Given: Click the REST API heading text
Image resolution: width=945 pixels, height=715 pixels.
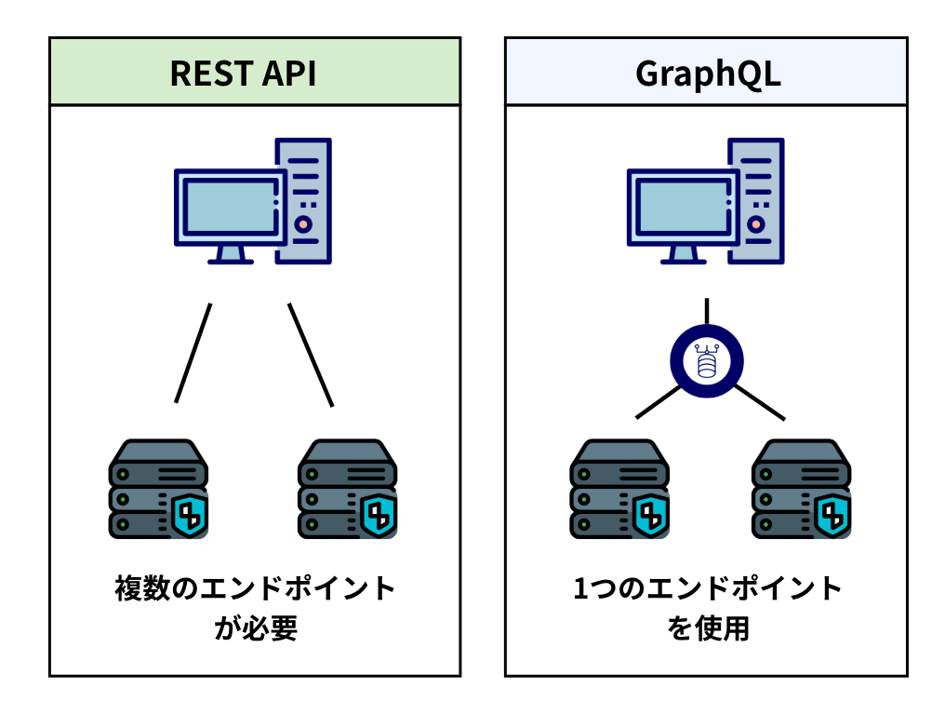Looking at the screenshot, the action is [x=243, y=74].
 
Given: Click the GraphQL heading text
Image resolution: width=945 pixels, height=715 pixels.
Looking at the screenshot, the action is [x=708, y=74].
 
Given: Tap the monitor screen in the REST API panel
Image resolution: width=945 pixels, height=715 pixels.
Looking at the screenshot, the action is [x=231, y=207].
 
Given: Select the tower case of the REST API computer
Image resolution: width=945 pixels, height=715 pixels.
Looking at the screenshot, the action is [x=304, y=201].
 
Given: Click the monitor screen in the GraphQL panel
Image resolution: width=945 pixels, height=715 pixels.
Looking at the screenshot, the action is [x=683, y=207].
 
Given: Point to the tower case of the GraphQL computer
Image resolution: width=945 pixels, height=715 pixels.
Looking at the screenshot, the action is [x=756, y=201].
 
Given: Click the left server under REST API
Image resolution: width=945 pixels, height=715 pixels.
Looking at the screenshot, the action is [x=158, y=489].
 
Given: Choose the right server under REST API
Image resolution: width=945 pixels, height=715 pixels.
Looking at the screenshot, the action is [x=348, y=489].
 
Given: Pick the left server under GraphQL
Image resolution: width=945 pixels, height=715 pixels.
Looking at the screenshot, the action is [x=619, y=489].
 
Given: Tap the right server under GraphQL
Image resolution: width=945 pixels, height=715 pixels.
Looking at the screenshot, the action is [x=802, y=489].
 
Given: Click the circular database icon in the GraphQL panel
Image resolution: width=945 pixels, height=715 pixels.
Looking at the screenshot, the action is [x=707, y=361].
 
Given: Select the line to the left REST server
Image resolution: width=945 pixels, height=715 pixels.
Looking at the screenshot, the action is [x=193, y=353].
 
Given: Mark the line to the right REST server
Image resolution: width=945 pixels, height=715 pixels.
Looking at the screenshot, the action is [x=311, y=355].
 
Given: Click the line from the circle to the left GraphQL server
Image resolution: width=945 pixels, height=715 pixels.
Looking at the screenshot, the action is [x=659, y=402].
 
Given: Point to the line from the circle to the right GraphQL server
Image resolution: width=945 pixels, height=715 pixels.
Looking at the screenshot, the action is [x=759, y=402].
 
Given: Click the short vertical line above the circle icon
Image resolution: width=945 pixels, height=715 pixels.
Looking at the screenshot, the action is [x=707, y=311].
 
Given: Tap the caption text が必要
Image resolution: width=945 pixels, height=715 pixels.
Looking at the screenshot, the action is [x=256, y=628].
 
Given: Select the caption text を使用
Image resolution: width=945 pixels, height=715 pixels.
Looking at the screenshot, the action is [x=708, y=628].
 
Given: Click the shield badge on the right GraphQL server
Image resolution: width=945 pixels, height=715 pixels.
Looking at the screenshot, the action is [x=832, y=515].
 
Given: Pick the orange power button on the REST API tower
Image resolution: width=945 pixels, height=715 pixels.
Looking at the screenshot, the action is [x=303, y=224].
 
